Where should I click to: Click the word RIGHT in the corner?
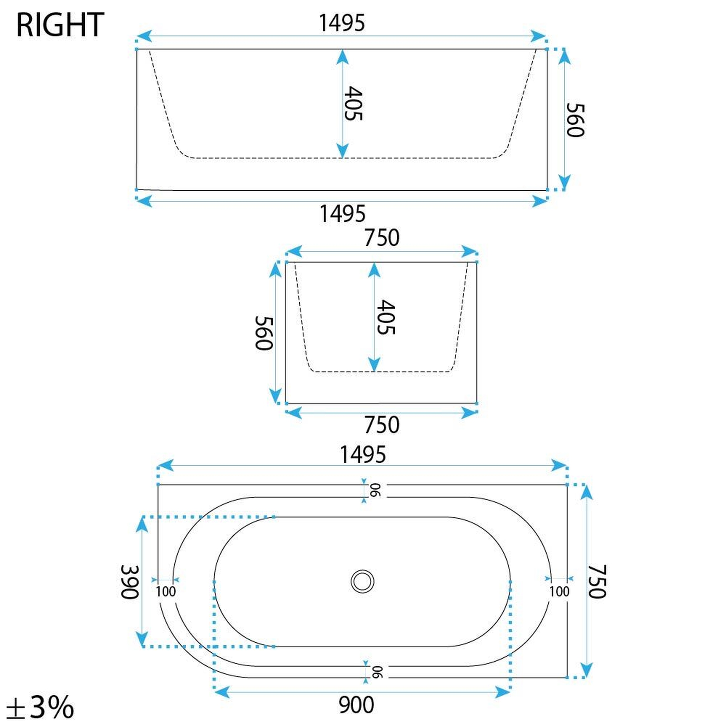(60, 25)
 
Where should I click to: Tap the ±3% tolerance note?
(40, 707)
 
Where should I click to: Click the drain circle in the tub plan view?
(362, 581)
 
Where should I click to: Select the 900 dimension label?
(356, 705)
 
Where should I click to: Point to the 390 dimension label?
(130, 582)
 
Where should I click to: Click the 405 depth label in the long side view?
(353, 104)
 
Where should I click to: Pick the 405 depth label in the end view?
(386, 317)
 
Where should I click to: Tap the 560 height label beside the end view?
(264, 333)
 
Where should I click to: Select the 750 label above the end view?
(382, 238)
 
